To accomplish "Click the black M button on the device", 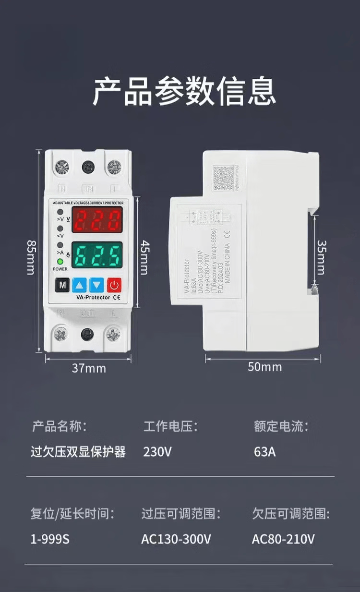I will pyautogui.click(x=62, y=285).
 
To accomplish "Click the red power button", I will pyautogui.click(x=114, y=285).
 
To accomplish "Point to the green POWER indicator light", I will pyautogui.click(x=60, y=262).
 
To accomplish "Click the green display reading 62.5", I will pyautogui.click(x=97, y=255).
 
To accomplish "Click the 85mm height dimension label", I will pyautogui.click(x=30, y=257).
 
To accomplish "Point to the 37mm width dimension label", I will pyautogui.click(x=89, y=368).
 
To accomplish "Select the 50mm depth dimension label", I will pyautogui.click(x=264, y=367).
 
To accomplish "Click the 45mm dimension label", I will pyautogui.click(x=144, y=257).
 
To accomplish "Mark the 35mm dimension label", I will pyautogui.click(x=321, y=257).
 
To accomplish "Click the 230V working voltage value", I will pyautogui.click(x=157, y=452).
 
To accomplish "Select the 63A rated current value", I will pyautogui.click(x=264, y=452).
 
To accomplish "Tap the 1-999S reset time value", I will pyautogui.click(x=50, y=539).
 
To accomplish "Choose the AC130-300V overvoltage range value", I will pyautogui.click(x=176, y=539).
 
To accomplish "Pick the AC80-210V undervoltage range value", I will pyautogui.click(x=283, y=539).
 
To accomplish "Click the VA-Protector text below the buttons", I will pyautogui.click(x=93, y=298).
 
